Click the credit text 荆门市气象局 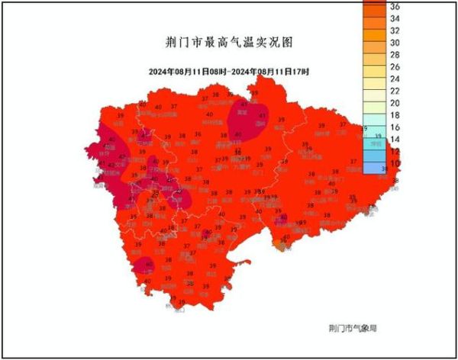coord(353,327)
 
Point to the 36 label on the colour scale coord(395,6)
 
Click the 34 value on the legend coord(395,18)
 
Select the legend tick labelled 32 coord(395,31)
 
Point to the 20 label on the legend coord(395,103)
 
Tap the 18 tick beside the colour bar coord(395,115)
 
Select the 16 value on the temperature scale coord(395,127)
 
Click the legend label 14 coord(395,140)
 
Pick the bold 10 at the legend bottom coord(395,163)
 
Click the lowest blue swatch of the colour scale coord(374,167)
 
